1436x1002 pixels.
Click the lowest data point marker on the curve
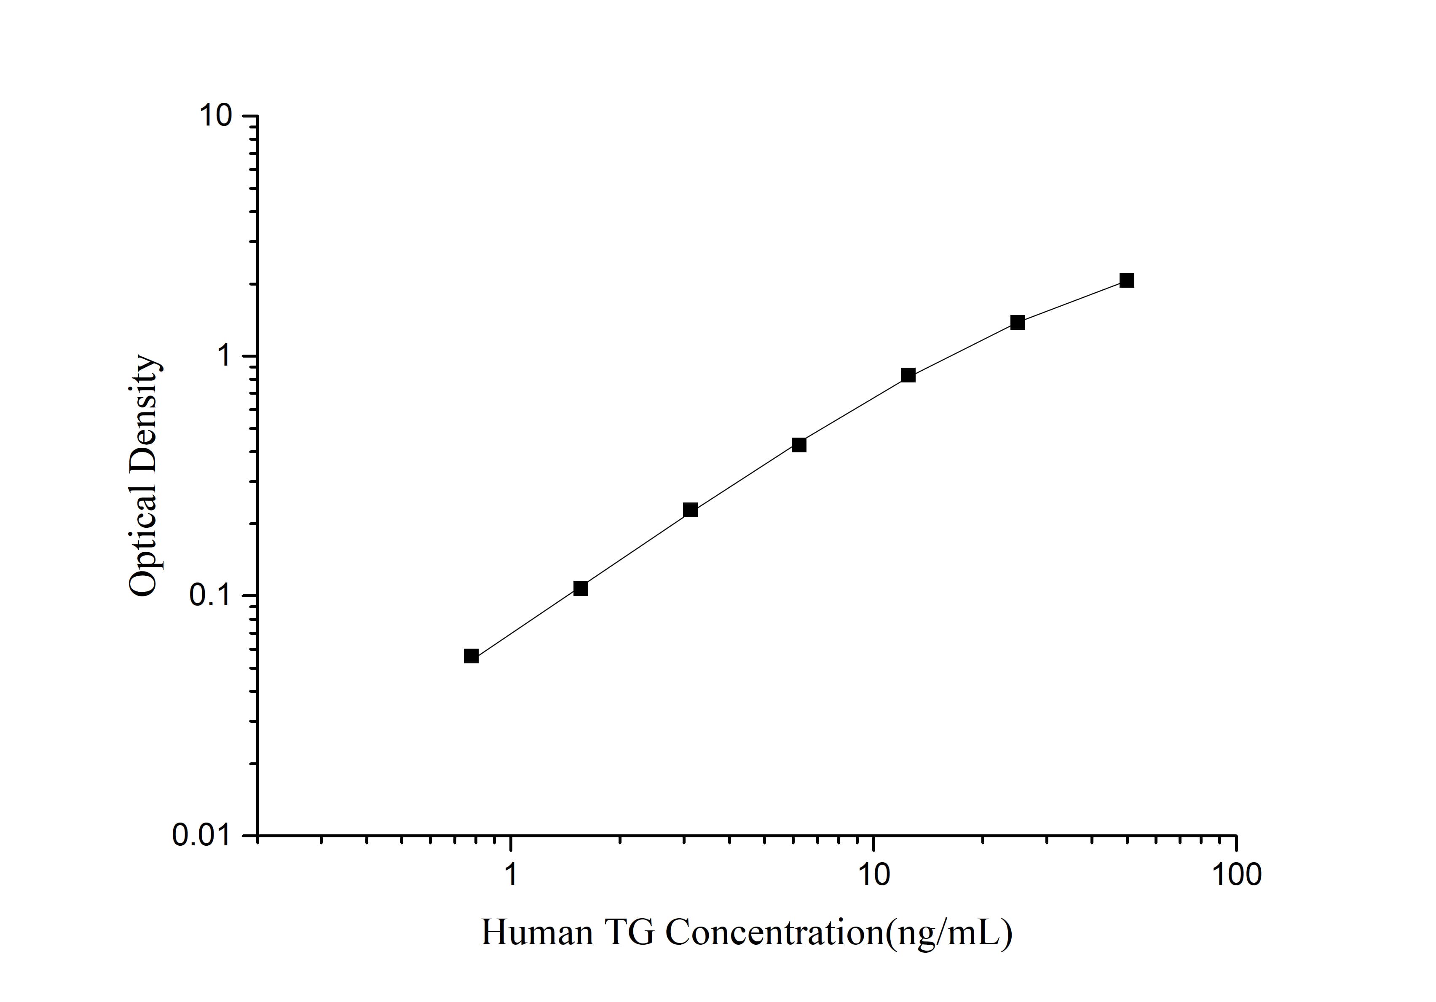click(x=471, y=656)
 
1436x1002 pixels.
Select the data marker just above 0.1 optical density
click(x=580, y=588)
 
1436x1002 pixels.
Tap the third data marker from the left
click(x=690, y=510)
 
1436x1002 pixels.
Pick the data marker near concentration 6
click(x=798, y=445)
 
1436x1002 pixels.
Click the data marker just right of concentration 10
click(x=908, y=375)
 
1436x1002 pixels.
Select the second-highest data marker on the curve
click(x=1018, y=323)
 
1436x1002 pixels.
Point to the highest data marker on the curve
click(x=1126, y=280)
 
